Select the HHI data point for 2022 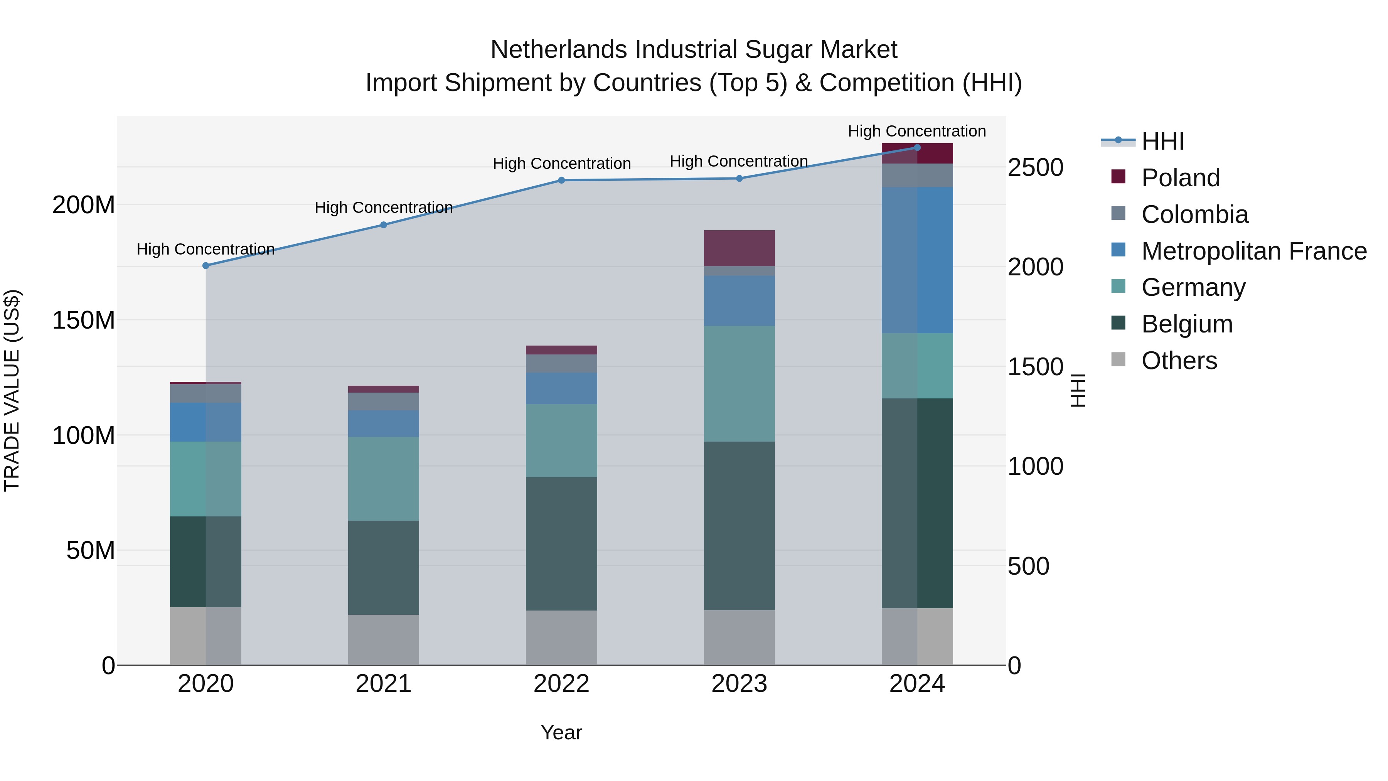(561, 180)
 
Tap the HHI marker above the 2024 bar (917, 148)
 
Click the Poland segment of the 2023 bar (739, 248)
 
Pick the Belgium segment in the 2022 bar (561, 543)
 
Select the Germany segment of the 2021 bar (384, 479)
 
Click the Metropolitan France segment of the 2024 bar (917, 260)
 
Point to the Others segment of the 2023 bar (739, 637)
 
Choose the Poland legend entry (1180, 178)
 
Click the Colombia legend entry (1194, 214)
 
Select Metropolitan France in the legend (1253, 251)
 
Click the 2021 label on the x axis (384, 684)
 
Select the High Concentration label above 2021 (384, 207)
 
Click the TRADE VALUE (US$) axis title (12, 390)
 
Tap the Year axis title (561, 732)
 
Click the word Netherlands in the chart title (559, 50)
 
